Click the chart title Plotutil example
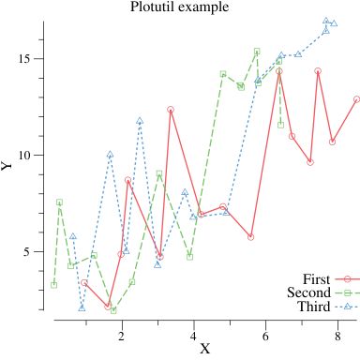tap(180, 7)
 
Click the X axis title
tap(204, 350)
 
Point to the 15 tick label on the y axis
tap(27, 58)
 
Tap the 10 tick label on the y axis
tap(27, 155)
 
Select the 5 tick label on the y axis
tap(31, 251)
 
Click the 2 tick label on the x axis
tap(122, 334)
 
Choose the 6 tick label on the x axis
tap(265, 334)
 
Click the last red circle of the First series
tap(357, 98)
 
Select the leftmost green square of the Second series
tap(53, 285)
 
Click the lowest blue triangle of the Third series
tap(82, 307)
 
